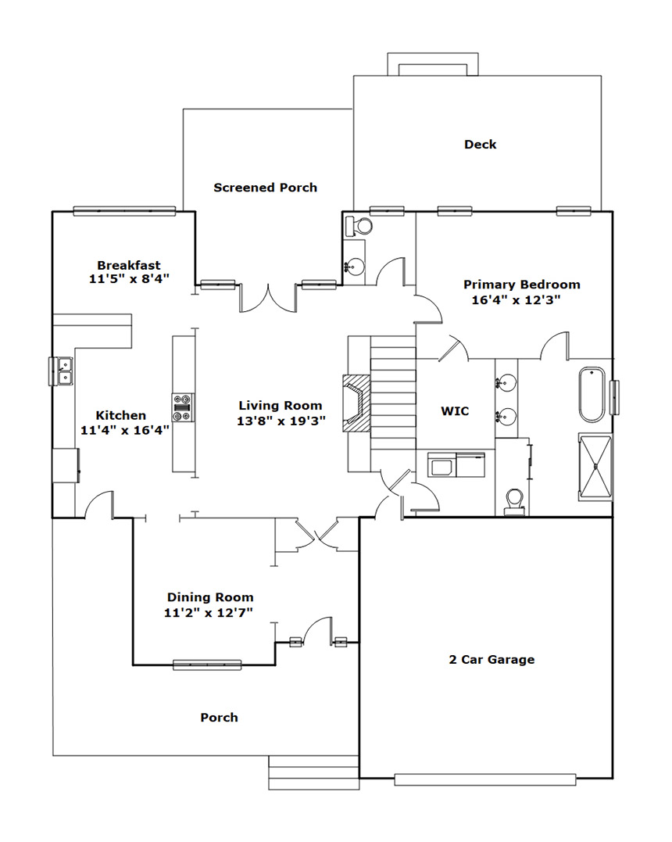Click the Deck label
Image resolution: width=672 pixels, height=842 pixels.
(480, 145)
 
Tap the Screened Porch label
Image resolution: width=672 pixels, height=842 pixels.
(265, 188)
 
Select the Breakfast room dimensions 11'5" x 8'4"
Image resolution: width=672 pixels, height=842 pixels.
(129, 278)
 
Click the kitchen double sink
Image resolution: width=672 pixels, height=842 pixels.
(64, 371)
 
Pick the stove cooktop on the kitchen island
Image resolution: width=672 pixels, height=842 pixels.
(183, 409)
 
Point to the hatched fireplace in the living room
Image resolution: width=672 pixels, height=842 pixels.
(357, 402)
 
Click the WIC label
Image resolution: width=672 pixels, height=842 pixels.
(455, 411)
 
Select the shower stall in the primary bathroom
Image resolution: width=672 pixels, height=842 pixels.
(595, 467)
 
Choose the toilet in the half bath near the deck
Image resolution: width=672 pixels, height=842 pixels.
(359, 225)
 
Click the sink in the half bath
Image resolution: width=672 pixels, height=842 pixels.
(355, 265)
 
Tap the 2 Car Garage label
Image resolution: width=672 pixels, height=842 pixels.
(491, 660)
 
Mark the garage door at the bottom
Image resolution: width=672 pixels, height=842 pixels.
(485, 779)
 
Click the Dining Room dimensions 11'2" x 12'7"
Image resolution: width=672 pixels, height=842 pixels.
(209, 613)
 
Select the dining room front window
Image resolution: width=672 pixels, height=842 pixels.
(207, 665)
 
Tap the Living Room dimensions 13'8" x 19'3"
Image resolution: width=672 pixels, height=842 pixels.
(281, 421)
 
